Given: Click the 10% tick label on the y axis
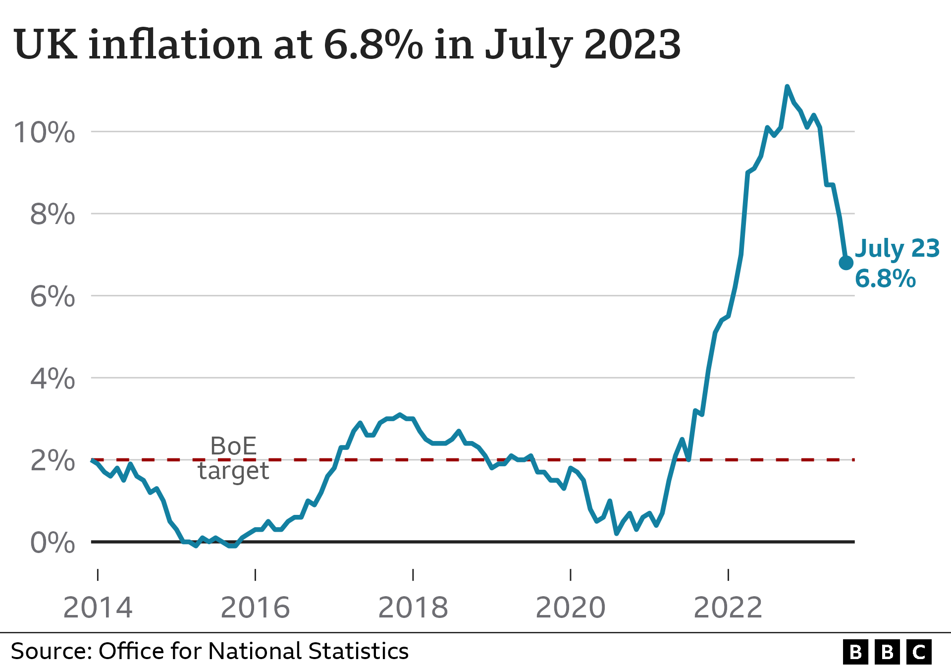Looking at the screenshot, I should [x=45, y=133].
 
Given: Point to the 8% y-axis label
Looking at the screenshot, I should [x=53, y=215].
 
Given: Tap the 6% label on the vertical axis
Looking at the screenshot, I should [x=53, y=297].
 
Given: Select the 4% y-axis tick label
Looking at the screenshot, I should [x=53, y=379].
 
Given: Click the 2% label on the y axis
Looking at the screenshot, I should [x=53, y=461].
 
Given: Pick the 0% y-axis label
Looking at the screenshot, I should [x=53, y=543].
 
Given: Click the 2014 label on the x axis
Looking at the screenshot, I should [x=98, y=608].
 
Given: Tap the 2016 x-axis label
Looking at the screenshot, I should [x=255, y=608].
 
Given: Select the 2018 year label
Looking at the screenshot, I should [x=413, y=608].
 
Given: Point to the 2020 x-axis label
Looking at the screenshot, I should [x=571, y=608].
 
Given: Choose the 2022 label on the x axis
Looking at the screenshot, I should [x=728, y=608].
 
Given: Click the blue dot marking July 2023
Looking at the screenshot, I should [x=846, y=263].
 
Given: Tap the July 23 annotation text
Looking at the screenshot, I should [x=897, y=249].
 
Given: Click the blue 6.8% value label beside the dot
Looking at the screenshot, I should [x=885, y=279].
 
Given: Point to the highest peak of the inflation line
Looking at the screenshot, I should [x=787, y=87].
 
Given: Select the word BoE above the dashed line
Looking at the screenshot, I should [x=233, y=446].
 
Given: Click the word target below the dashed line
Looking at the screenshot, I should [x=233, y=471].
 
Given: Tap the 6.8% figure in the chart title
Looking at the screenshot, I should [x=373, y=45].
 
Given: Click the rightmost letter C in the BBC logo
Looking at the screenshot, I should [x=919, y=652].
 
